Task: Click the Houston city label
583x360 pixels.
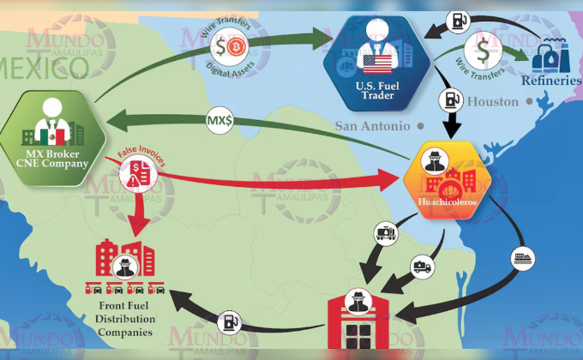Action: pos(493,101)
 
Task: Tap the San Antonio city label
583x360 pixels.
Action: pos(373,126)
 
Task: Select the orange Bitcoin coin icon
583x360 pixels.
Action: pos(236,48)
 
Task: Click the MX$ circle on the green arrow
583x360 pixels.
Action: pos(219,120)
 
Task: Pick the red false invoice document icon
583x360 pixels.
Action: pos(138,174)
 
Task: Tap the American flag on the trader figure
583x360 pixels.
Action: pos(377,64)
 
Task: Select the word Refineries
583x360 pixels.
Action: pos(551,81)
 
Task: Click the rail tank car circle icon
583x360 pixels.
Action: pos(386,233)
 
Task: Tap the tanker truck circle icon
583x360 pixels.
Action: pos(423,267)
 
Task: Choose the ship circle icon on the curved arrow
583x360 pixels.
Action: pos(524,259)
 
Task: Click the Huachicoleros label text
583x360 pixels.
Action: pos(448,201)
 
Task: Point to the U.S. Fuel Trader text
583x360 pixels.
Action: pos(377,91)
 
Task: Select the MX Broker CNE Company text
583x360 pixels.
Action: pos(52,159)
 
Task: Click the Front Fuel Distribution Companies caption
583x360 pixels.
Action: pos(125,319)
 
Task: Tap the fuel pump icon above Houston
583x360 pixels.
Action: pos(451,100)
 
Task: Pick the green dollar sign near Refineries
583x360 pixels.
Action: pos(483,51)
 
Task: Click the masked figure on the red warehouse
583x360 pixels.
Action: pos(358,301)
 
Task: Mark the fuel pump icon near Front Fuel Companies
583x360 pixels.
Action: pos(230,323)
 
